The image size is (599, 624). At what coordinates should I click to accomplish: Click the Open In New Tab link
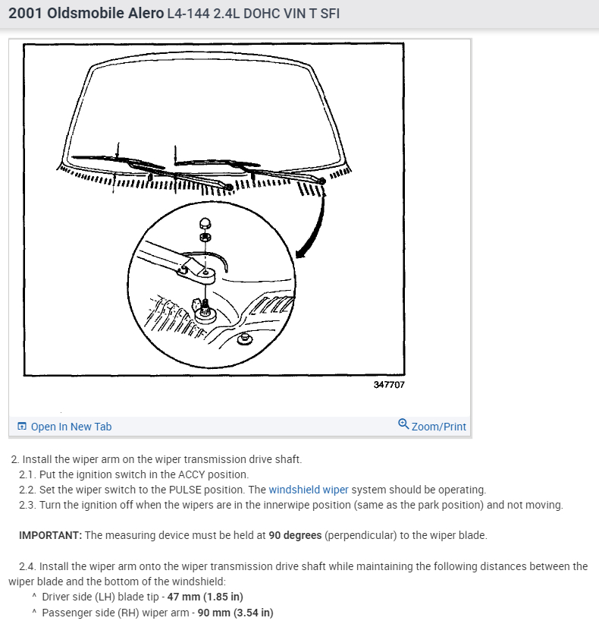pos(71,427)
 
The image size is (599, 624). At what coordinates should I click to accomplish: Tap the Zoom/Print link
pos(438,427)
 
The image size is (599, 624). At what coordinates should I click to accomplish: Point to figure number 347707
pos(389,385)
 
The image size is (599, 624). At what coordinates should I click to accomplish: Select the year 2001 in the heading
pos(24,14)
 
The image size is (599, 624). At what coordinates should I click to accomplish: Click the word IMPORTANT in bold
pos(50,535)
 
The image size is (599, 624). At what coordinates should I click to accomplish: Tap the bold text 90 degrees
pos(295,535)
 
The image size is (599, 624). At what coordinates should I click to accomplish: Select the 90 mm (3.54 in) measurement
pos(235,613)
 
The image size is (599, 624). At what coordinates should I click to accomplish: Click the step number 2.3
pos(27,505)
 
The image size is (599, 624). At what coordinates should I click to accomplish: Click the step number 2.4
pos(27,566)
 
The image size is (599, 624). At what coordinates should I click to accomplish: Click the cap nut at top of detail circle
pos(204,223)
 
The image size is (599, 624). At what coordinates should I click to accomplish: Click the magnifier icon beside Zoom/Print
pos(403,425)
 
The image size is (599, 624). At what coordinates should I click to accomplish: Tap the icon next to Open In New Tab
pos(22,427)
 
